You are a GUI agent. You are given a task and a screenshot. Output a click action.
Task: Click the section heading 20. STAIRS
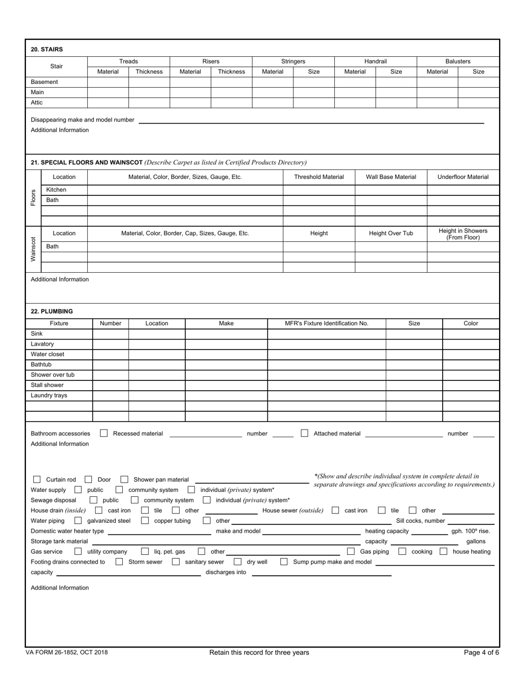[x=43, y=49]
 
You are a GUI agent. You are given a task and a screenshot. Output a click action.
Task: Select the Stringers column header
[x=293, y=61]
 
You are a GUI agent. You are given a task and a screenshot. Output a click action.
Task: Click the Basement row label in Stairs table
[x=44, y=82]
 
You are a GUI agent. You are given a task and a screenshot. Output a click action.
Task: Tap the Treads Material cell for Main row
[x=108, y=92]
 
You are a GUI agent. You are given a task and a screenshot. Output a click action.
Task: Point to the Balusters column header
[x=458, y=61]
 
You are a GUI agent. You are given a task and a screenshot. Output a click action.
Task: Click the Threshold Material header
[x=319, y=177]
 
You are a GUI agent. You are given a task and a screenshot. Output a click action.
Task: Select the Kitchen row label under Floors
[x=56, y=189]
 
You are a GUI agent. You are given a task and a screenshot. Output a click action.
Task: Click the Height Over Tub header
[x=391, y=234]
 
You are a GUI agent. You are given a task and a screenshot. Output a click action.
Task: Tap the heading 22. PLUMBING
[x=51, y=311]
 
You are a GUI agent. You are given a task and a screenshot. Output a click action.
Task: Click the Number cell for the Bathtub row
[x=110, y=364]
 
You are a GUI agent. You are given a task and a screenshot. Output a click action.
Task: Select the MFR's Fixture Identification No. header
[x=326, y=323]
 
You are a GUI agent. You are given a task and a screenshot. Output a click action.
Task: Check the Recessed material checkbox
[x=104, y=433]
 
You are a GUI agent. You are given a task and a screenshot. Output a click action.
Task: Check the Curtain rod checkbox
[x=37, y=480]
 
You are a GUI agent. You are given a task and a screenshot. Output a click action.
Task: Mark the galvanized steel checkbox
[x=78, y=521]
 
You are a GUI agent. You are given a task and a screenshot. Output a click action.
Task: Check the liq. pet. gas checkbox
[x=145, y=551]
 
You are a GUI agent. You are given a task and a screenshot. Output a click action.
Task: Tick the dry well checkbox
[x=238, y=562]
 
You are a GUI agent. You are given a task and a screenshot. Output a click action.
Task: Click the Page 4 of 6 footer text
[x=481, y=653]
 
